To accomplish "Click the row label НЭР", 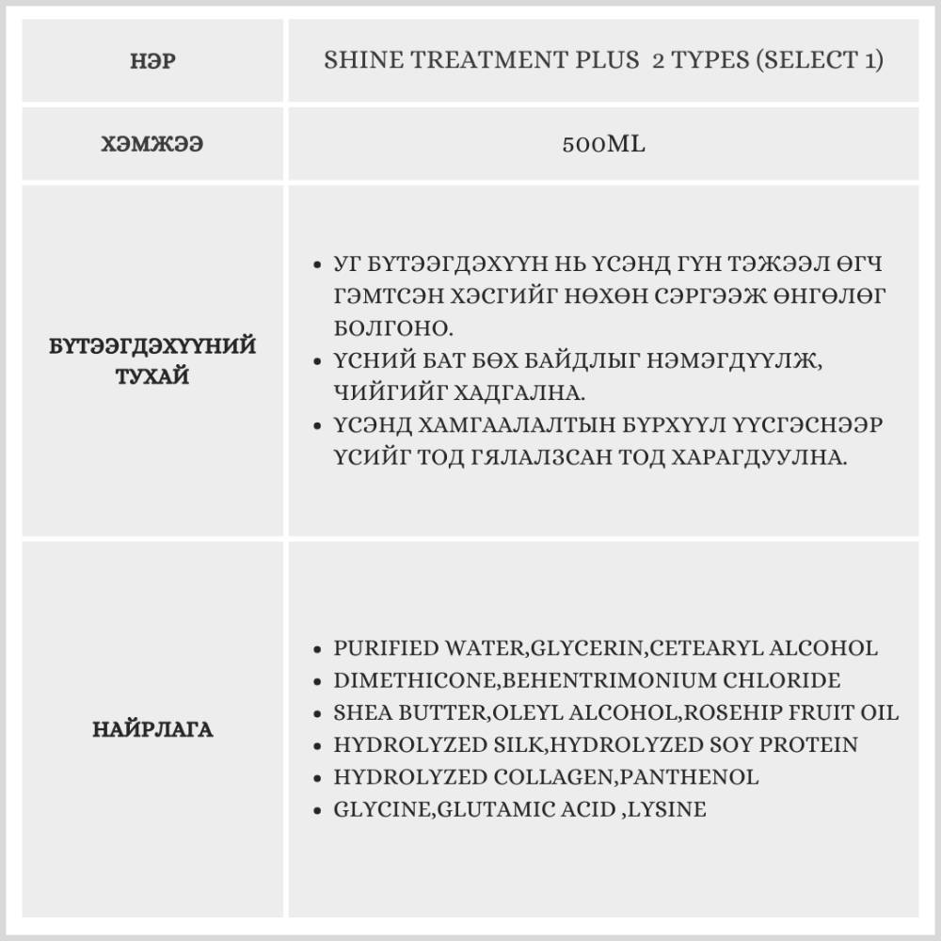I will pyautogui.click(x=151, y=63).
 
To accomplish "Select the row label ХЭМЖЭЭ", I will pyautogui.click(x=151, y=145).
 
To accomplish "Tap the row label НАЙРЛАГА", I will pyautogui.click(x=152, y=729).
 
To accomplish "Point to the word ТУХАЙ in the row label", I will pyautogui.click(x=152, y=376).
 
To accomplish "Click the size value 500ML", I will pyautogui.click(x=603, y=145).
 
